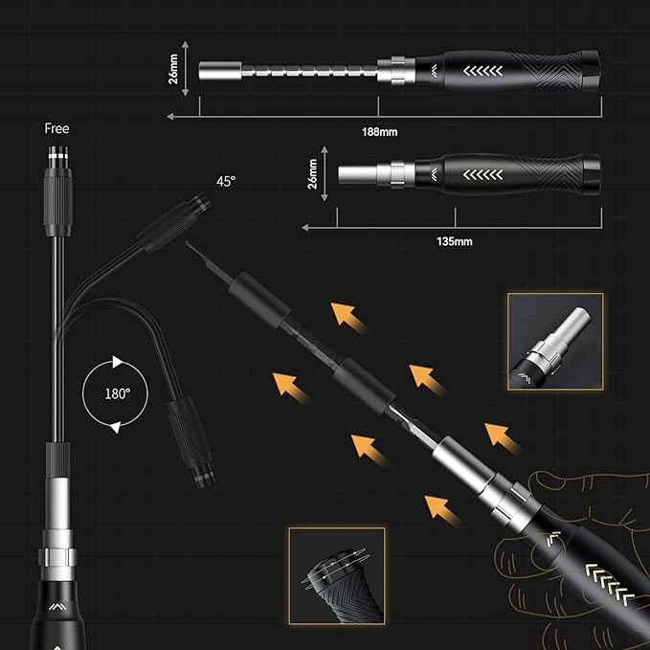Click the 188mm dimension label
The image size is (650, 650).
[x=382, y=131]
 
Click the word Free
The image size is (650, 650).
[x=56, y=128]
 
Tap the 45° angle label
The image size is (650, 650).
[x=225, y=181]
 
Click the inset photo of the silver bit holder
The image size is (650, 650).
[x=555, y=341]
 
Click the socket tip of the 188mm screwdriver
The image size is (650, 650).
[x=213, y=72]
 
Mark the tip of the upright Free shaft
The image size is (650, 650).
[x=56, y=153]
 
